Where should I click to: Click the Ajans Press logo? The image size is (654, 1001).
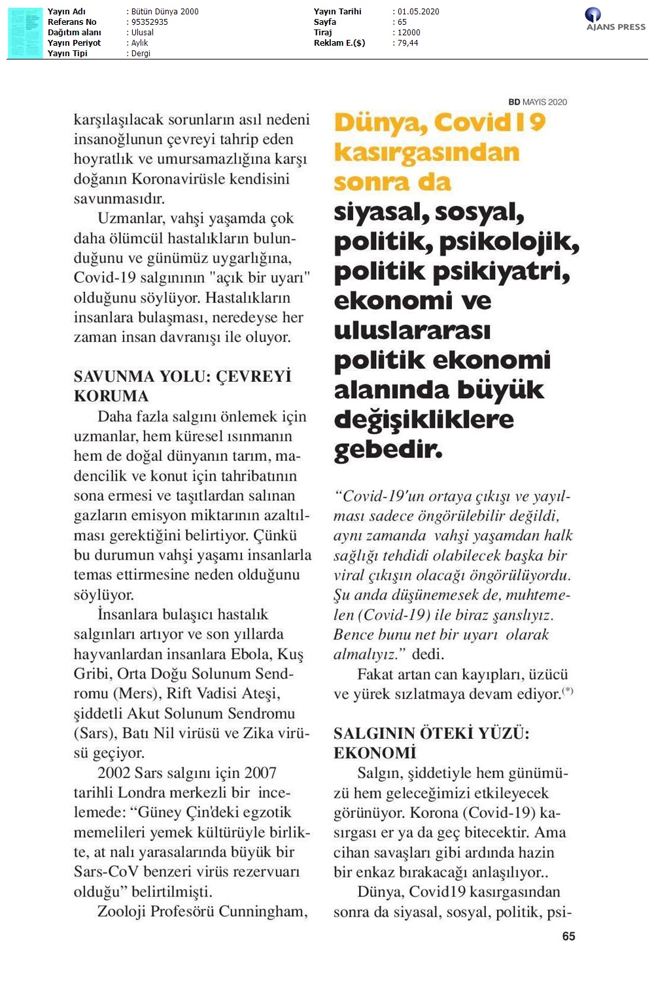tap(615, 20)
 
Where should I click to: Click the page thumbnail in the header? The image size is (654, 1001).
tap(25, 33)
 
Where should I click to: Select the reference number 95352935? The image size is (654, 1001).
tap(150, 22)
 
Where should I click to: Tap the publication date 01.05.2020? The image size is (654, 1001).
tap(419, 12)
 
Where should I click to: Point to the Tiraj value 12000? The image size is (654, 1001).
tap(409, 33)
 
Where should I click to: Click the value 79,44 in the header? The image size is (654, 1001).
tap(407, 43)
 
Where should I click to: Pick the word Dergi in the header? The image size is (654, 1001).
tap(141, 54)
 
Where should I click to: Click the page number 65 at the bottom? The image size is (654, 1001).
tap(568, 936)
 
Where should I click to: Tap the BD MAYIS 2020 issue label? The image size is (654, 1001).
tap(538, 102)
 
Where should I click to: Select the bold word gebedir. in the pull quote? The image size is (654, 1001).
tap(388, 449)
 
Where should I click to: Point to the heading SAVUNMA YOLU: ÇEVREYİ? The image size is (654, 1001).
tap(182, 377)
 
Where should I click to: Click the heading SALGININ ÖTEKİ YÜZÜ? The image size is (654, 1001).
tap(431, 734)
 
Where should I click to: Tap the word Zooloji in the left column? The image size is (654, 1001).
tap(122, 911)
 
